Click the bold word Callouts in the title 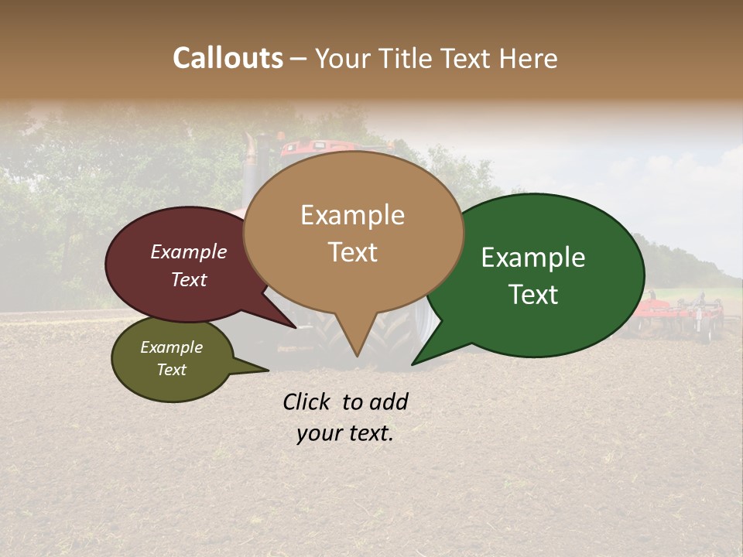coord(228,58)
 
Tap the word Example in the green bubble coord(533,258)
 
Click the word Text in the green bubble coord(533,294)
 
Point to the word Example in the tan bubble coord(352,215)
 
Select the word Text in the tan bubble coord(352,251)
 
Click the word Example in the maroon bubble coord(188,251)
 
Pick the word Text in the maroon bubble coord(188,279)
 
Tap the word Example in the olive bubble coord(171,347)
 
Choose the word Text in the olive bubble coord(171,370)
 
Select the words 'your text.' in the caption coord(344,434)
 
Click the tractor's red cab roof coord(317,145)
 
